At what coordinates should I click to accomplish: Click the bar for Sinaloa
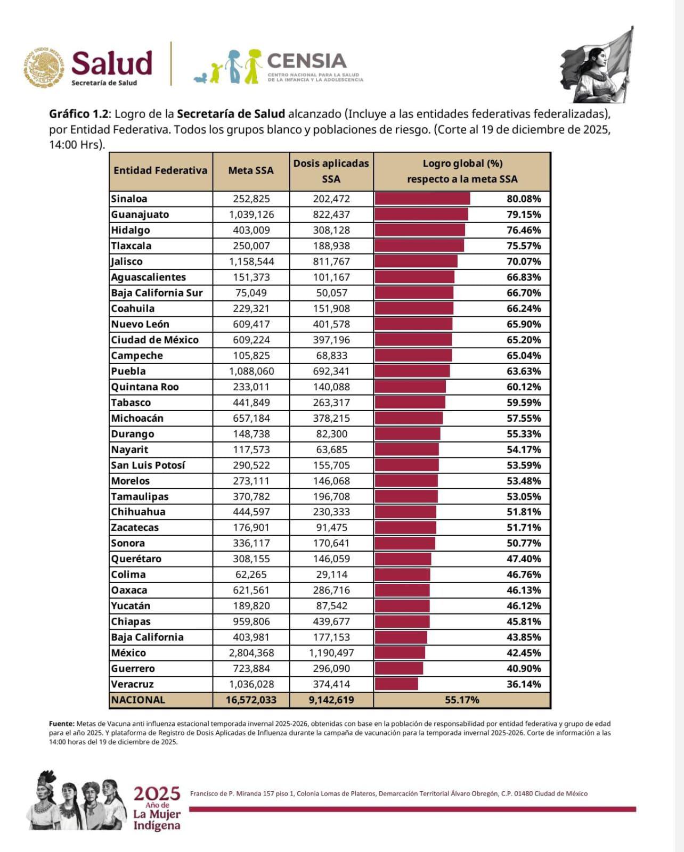tap(422, 199)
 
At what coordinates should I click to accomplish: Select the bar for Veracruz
tap(396, 684)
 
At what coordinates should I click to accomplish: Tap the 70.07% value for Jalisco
tap(523, 261)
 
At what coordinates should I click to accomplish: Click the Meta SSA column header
tap(250, 170)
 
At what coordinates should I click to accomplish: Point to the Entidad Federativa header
tap(160, 170)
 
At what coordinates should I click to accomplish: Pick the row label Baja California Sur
tap(157, 293)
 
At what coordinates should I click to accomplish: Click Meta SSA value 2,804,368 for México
tap(250, 653)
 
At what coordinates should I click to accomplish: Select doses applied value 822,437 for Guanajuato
tap(331, 215)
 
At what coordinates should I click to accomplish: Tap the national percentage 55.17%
tap(462, 700)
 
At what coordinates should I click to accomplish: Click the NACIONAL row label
tap(138, 700)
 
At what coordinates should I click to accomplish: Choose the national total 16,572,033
tap(250, 700)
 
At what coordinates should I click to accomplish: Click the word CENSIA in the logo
tap(307, 61)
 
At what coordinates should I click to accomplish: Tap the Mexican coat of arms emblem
tap(44, 68)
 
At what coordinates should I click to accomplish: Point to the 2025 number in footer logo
tap(157, 794)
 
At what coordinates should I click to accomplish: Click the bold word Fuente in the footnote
tap(61, 724)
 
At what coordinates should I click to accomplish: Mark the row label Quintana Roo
tap(144, 387)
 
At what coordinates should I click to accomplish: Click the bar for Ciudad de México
tap(413, 340)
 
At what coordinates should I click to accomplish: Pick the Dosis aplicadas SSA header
tap(331, 171)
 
